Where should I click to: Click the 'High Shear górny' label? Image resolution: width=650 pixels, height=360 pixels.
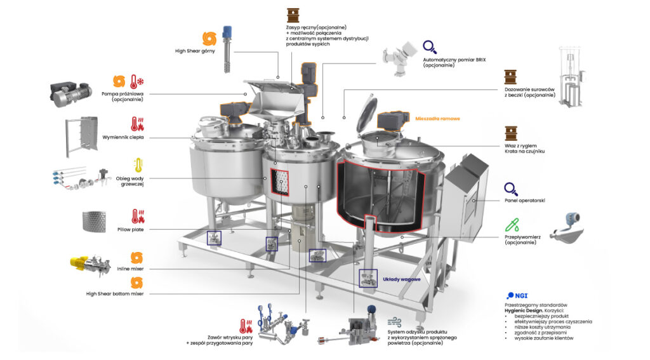tap(195, 51)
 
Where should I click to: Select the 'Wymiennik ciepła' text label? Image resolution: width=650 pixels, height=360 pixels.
tap(123, 137)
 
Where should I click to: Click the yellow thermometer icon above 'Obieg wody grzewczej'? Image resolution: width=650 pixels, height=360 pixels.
tap(138, 165)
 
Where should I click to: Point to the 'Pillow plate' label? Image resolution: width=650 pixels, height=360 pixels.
tap(130, 229)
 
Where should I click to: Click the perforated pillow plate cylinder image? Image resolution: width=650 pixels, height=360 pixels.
tap(94, 222)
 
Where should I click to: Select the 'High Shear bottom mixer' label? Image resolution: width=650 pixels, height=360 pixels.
tap(115, 293)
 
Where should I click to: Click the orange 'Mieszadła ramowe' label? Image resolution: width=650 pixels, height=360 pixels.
tap(437, 119)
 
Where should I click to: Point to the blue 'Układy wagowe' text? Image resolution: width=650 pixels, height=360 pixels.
tap(401, 279)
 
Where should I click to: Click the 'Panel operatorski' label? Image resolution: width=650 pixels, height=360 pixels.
tap(524, 201)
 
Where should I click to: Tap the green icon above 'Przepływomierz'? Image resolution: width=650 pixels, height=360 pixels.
tap(512, 225)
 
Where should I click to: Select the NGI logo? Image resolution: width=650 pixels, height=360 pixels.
tap(517, 296)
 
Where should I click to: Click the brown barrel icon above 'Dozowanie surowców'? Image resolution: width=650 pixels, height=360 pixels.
tap(510, 77)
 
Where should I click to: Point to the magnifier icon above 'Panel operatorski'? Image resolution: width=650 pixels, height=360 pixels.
tap(511, 189)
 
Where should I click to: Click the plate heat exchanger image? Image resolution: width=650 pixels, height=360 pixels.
tap(82, 137)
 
